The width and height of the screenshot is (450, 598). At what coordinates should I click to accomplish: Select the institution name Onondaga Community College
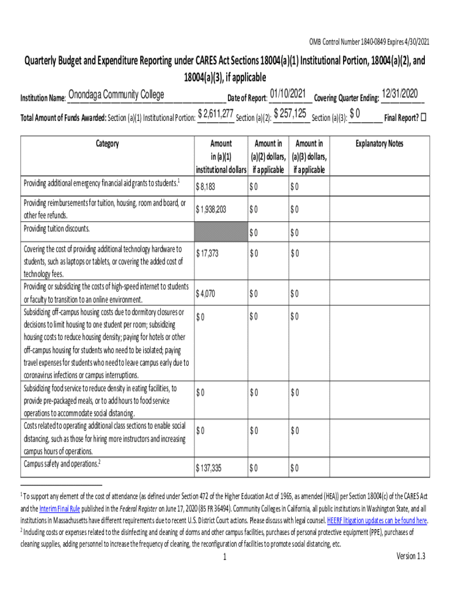pos(116,95)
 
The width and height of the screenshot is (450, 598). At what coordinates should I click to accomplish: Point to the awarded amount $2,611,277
pos(216,114)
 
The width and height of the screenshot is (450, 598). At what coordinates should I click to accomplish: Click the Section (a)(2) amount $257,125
pos(290,114)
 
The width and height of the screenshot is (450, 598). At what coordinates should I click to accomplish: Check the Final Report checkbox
pos(424,117)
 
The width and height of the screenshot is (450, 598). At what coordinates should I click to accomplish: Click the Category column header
pos(106,144)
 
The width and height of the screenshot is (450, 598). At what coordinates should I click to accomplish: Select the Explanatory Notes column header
pos(379,144)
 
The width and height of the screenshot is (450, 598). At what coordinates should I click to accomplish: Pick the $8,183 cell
pos(207,187)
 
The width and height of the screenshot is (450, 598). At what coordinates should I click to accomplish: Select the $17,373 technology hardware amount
pos(208,253)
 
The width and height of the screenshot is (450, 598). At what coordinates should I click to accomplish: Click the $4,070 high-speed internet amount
pos(206,293)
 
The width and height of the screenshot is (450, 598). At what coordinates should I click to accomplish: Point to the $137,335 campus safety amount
pos(210,468)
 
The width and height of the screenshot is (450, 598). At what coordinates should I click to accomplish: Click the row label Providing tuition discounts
pos(56,228)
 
